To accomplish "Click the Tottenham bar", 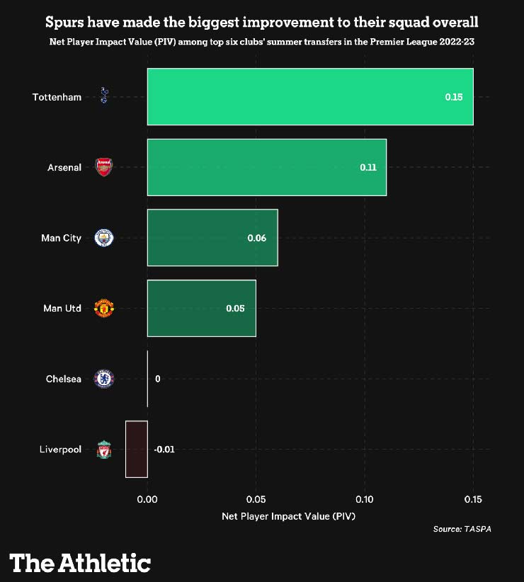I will click(309, 96).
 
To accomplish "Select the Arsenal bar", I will click(266, 167).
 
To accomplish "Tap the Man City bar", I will click(212, 238).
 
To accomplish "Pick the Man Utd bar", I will click(201, 308).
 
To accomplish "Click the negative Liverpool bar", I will click(136, 449).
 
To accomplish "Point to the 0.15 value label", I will click(453, 97).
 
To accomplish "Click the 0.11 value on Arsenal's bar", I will click(368, 168).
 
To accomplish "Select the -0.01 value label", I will click(164, 450).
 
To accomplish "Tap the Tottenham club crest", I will click(104, 96).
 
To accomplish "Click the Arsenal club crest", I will click(104, 167).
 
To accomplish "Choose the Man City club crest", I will click(104, 238).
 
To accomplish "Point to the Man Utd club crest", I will click(104, 308).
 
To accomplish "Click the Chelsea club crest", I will click(104, 379).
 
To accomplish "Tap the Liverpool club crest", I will click(104, 450).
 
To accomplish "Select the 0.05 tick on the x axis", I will click(256, 500).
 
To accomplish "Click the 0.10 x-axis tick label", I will click(365, 500).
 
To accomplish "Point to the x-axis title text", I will click(288, 516).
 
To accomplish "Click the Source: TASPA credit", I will click(462, 529).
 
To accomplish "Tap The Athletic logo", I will click(80, 564).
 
